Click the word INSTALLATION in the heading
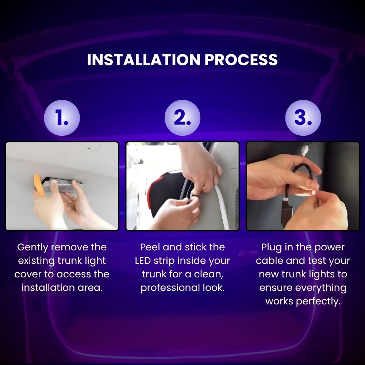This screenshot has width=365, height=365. pos(143,60)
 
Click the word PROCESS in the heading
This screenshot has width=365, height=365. pos(241,60)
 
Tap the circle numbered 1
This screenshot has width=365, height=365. pos(62,118)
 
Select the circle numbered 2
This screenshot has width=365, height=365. pos(182,118)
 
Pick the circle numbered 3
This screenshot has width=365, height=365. pos(303,118)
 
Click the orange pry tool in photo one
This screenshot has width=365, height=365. pos(38,185)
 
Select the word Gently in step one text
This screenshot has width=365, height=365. pos(32,247)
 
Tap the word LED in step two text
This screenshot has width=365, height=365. pos(143,261)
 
